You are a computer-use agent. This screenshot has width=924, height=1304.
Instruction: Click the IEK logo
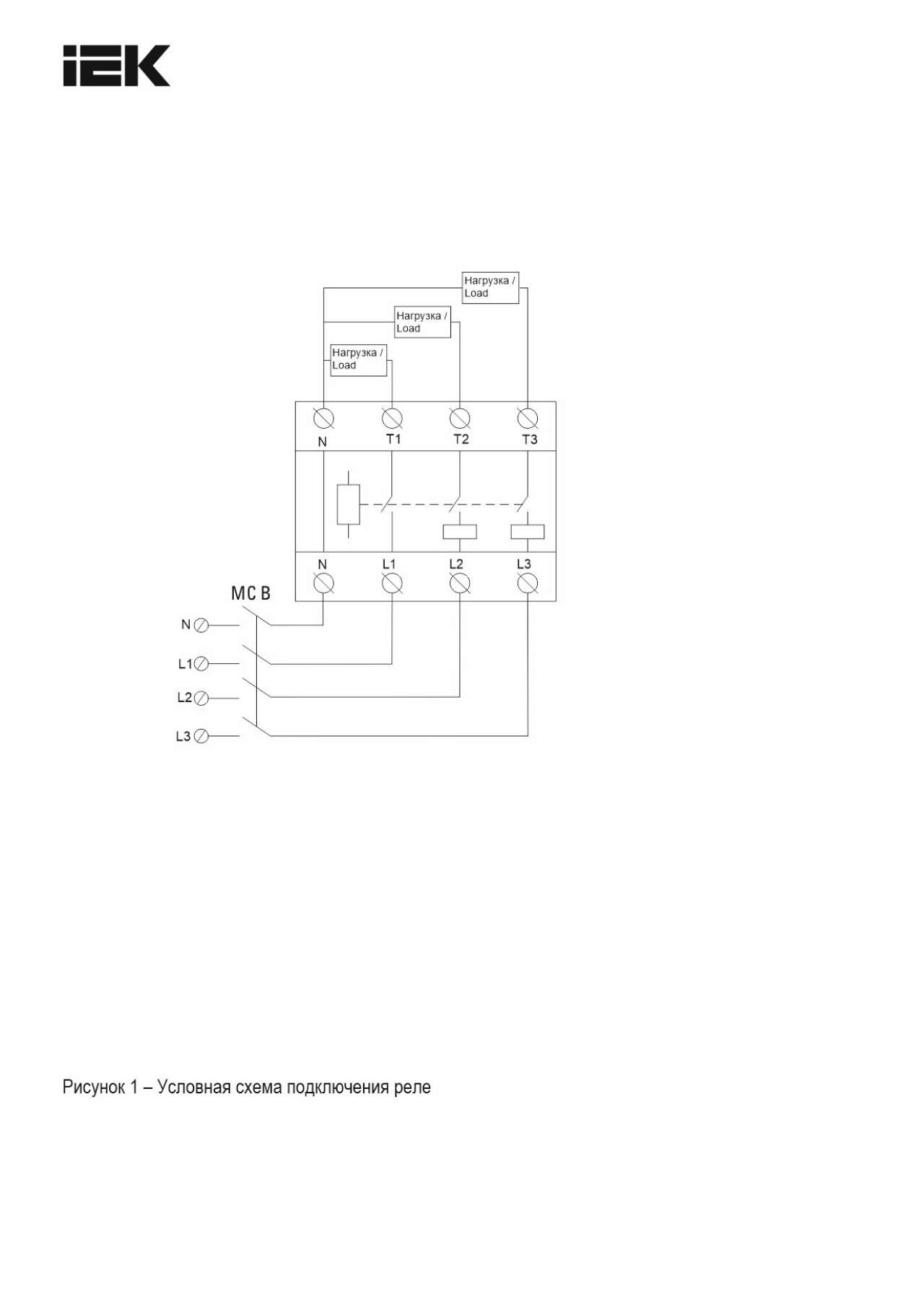point(116,66)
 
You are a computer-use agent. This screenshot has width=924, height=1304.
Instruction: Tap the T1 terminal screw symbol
point(392,418)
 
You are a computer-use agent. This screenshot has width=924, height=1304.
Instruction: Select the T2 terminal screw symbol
point(460,418)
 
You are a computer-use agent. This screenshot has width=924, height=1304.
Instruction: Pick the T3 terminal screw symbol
point(528,418)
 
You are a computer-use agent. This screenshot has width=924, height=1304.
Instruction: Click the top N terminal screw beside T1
point(323,418)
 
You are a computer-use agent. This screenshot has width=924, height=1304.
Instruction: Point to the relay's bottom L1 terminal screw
point(392,583)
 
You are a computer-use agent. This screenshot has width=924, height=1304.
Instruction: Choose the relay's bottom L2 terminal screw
point(460,583)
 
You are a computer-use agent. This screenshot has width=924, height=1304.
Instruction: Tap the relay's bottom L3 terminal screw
point(528,583)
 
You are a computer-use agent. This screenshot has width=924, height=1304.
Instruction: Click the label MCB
point(250,593)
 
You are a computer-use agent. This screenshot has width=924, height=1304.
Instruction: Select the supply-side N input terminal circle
point(202,626)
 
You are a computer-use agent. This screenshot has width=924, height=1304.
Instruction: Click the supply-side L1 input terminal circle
point(202,663)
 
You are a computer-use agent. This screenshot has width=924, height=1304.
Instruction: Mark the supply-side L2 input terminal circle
point(202,698)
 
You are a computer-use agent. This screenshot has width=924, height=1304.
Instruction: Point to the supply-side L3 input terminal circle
point(202,736)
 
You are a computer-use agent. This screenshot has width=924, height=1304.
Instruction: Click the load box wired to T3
point(490,287)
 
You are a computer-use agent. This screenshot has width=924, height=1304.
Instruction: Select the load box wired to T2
point(422,322)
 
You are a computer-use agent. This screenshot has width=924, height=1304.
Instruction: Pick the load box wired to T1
point(358,359)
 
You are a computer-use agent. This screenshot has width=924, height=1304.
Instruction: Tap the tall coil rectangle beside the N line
point(349,504)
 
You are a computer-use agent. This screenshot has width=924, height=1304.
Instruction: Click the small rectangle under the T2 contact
point(460,532)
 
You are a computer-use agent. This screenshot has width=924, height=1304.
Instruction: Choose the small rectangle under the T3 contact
point(528,532)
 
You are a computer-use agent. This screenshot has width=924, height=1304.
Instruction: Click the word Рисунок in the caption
point(93,1087)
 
